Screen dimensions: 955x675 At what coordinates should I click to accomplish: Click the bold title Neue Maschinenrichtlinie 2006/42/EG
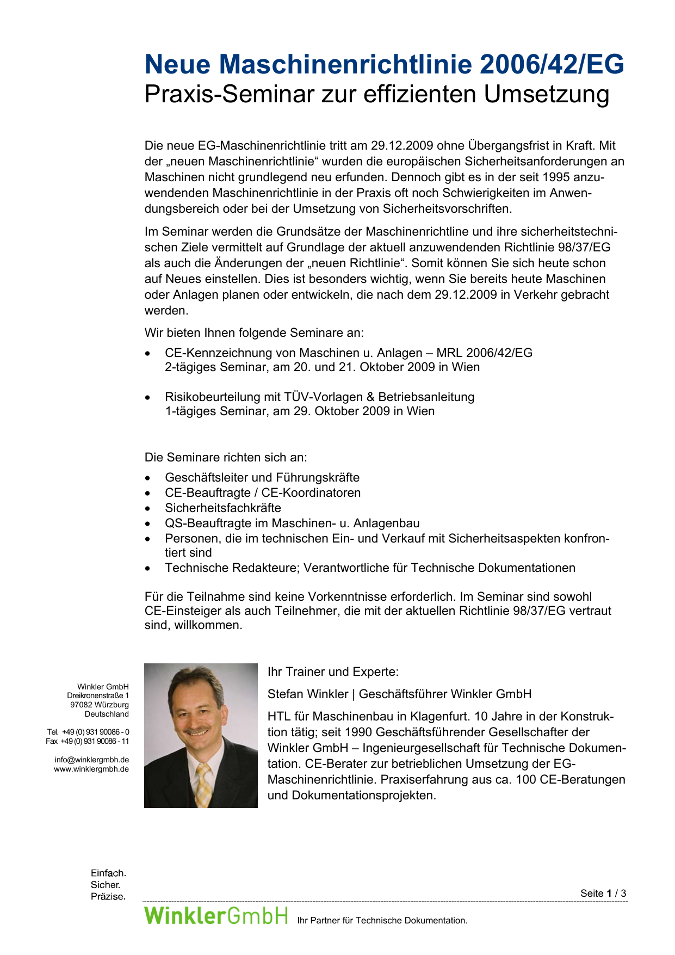[384, 65]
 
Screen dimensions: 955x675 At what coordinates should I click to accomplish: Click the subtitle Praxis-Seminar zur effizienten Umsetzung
[376, 94]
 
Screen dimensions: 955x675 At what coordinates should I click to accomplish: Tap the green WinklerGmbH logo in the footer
[215, 915]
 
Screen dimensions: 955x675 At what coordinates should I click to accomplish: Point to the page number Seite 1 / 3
[603, 893]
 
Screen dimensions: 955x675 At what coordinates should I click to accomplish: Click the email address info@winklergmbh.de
[91, 760]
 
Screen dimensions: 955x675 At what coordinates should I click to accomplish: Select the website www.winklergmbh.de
[91, 769]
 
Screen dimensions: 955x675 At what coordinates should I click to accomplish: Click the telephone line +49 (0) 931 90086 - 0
[88, 732]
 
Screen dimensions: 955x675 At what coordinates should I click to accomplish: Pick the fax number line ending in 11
[88, 741]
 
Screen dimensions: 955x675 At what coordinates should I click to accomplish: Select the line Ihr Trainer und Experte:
[333, 672]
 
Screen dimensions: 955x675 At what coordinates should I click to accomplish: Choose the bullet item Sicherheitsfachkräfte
[223, 508]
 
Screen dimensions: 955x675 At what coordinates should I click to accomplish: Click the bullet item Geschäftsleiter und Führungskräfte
[262, 477]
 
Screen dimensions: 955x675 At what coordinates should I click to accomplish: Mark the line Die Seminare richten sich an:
[226, 457]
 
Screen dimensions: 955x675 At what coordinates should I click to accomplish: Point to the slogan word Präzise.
[108, 896]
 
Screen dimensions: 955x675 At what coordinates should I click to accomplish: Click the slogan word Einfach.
[108, 873]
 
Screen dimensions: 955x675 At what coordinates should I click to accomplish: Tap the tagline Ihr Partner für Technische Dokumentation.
[382, 920]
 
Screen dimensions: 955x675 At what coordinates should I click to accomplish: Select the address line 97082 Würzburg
[100, 705]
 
